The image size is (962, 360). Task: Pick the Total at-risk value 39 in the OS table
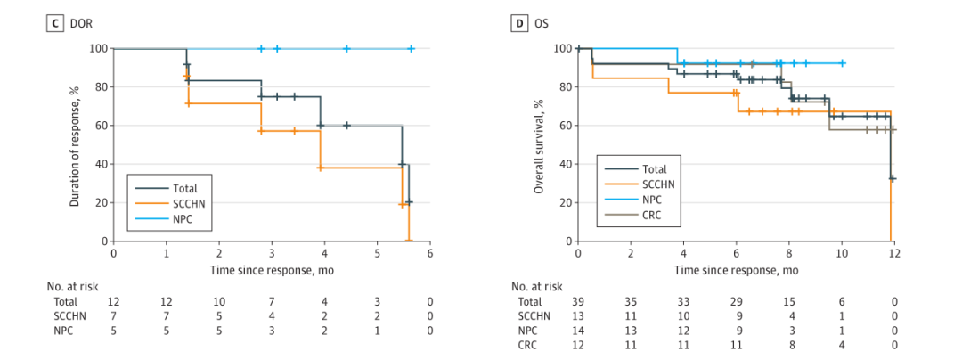pos(578,302)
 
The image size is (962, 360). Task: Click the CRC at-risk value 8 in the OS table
pos(788,345)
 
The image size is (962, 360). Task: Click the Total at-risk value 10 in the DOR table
pos(219,302)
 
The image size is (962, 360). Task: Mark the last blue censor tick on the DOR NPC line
pos(411,48)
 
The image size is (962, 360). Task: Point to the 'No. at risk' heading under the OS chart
pos(540,287)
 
